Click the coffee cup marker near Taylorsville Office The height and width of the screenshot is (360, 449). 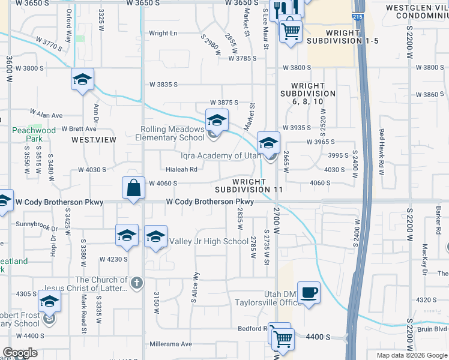(x=309, y=293)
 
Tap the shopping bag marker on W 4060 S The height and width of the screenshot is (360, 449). (x=133, y=188)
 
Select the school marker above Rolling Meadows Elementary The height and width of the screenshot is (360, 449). (x=217, y=120)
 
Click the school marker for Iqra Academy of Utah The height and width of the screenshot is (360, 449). (x=269, y=143)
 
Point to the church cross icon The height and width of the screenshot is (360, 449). (x=137, y=283)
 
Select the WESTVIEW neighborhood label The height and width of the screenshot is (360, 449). (x=94, y=139)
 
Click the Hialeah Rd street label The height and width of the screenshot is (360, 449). (x=182, y=170)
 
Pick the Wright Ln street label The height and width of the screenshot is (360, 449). (x=163, y=34)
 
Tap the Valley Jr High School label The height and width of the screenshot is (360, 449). (x=209, y=242)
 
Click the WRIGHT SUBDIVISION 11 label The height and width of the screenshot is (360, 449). (x=249, y=185)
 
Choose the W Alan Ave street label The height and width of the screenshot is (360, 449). (x=47, y=113)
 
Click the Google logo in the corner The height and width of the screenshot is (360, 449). (x=20, y=353)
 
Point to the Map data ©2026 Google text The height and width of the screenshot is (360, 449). (x=411, y=355)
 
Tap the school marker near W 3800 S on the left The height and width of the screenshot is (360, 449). (x=83, y=80)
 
